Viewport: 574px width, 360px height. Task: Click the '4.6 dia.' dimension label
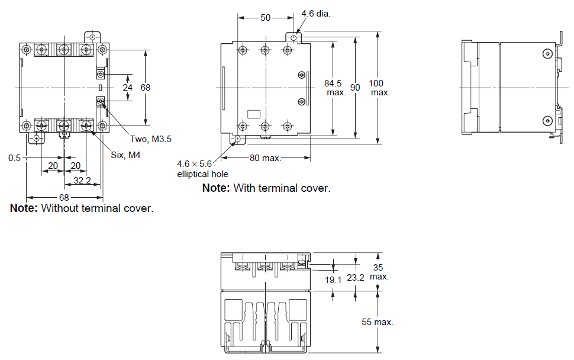(315, 14)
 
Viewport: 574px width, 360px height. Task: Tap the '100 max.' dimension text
(379, 88)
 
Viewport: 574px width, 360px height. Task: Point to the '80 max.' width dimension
(265, 158)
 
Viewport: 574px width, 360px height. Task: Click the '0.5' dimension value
(15, 158)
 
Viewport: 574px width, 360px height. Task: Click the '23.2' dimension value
(356, 277)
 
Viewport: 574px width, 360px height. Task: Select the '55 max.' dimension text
(378, 322)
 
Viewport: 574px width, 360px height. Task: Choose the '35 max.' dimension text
(379, 272)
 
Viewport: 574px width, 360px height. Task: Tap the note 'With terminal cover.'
(266, 188)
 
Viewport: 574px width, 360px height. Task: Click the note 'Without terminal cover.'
(82, 208)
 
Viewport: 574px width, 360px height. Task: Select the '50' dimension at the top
(266, 18)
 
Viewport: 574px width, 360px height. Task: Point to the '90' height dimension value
(355, 88)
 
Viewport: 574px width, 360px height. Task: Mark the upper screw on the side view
(546, 53)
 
